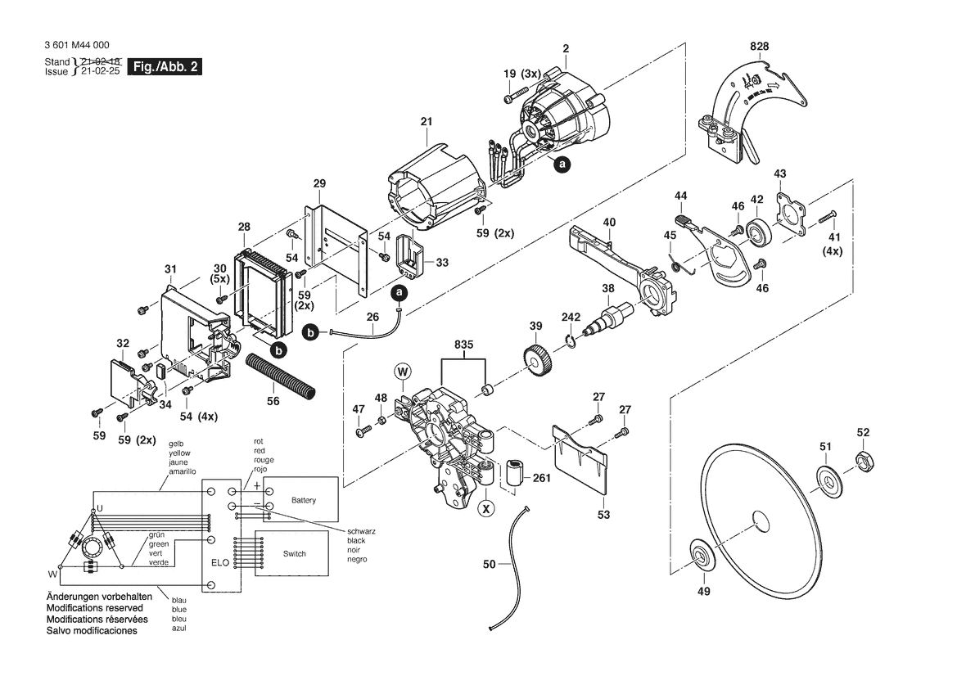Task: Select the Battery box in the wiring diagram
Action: point(303,500)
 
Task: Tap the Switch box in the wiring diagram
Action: point(294,554)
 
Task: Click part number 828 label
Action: point(759,47)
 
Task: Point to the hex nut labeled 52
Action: point(863,462)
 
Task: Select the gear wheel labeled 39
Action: point(535,359)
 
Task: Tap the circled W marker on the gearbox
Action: point(404,372)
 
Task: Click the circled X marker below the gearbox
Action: point(488,508)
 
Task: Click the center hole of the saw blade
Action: point(761,521)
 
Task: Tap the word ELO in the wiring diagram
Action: point(219,563)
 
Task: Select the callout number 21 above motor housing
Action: point(426,122)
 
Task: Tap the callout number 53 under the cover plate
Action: point(603,515)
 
